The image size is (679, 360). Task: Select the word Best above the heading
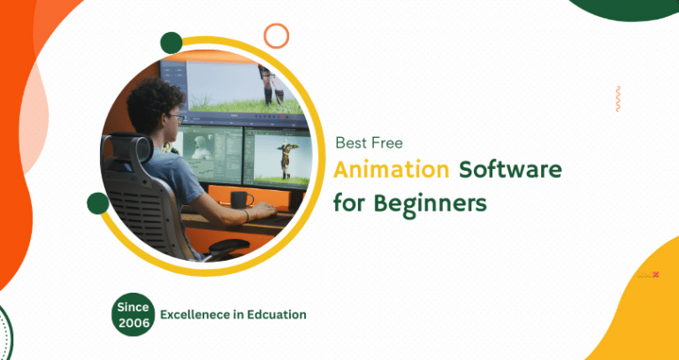[350, 142]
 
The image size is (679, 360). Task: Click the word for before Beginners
[347, 203]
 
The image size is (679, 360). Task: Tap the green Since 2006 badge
[133, 315]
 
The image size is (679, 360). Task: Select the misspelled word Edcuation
[276, 314]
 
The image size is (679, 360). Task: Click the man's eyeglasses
[175, 117]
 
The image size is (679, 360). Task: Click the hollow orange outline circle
[277, 35]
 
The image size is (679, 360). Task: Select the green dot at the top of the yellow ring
[171, 42]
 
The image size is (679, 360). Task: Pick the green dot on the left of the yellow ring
[98, 204]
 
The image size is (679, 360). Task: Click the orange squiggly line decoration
[618, 99]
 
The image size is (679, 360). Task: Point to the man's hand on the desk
[250, 216]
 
